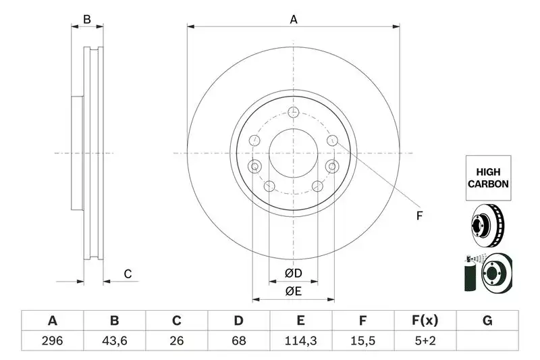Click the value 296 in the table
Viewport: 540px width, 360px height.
[x=53, y=341]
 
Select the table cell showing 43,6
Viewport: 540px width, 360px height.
[x=115, y=341]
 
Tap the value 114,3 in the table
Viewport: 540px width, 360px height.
[x=301, y=341]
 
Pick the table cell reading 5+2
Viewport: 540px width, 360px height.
[x=425, y=341]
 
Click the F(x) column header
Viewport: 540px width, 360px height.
[x=425, y=321]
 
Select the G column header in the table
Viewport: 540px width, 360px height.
[x=487, y=321]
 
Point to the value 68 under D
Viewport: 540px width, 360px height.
[x=239, y=341]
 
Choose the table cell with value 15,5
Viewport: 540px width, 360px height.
[x=363, y=341]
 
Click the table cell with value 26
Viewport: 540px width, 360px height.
[x=177, y=341]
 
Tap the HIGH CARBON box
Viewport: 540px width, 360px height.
[x=487, y=178]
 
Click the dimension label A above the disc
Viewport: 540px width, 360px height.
[x=294, y=20]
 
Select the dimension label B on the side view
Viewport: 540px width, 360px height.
[x=87, y=20]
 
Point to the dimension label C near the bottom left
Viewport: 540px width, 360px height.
[x=127, y=274]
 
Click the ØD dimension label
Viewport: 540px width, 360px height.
[x=292, y=274]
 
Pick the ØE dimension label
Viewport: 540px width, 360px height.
[x=292, y=291]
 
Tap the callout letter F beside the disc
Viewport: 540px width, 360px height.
[x=418, y=216]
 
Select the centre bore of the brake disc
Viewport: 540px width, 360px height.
[x=293, y=153]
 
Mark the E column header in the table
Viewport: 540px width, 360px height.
[x=301, y=321]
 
